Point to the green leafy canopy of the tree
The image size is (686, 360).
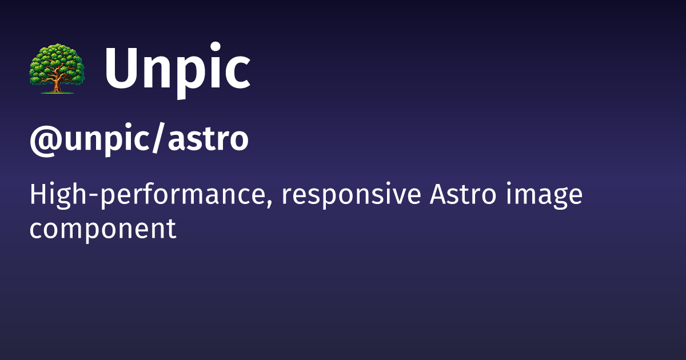click(x=56, y=60)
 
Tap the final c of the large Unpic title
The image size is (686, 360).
click(x=236, y=75)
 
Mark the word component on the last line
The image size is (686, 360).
click(x=102, y=230)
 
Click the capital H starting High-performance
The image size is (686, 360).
click(x=38, y=195)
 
